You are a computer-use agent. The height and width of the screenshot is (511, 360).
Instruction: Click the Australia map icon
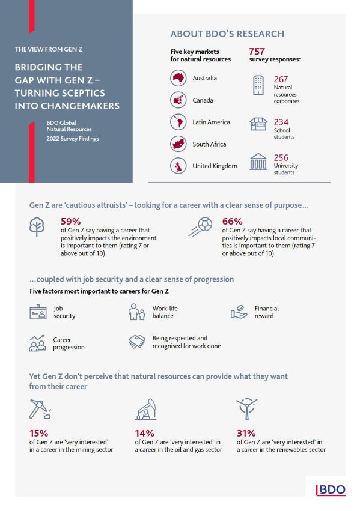[x=178, y=78]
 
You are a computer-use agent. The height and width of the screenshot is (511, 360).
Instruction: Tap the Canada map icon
[x=178, y=100]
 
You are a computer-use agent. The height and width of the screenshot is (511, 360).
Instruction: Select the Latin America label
[x=211, y=122]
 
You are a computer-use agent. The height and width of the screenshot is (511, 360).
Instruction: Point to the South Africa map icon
[x=178, y=144]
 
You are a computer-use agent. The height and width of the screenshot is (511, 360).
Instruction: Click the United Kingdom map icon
[x=178, y=166]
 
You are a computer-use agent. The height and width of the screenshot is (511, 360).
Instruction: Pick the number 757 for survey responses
[x=257, y=52]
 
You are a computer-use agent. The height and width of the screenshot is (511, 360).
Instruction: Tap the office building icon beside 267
[x=258, y=85]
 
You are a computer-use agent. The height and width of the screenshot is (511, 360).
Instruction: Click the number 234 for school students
[x=281, y=122]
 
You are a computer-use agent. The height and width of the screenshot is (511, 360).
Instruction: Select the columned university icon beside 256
[x=258, y=162]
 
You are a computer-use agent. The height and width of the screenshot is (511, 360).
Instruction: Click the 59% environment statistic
[x=70, y=222]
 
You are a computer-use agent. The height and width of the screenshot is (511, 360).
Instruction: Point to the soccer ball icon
[x=200, y=227]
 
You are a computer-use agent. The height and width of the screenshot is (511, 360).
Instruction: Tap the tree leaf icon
[x=37, y=226]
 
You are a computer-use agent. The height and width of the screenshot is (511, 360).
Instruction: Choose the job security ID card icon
[x=38, y=312]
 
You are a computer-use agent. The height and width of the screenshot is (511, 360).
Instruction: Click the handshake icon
[x=137, y=342]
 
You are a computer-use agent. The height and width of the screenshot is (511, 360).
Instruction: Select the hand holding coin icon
[x=239, y=312]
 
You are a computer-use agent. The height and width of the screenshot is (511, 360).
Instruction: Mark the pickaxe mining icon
[x=40, y=409]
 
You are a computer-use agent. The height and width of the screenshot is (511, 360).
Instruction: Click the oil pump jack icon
[x=146, y=409]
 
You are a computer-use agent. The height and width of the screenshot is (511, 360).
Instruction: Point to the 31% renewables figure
[x=246, y=433]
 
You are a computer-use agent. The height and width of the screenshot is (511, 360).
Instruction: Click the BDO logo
[x=331, y=490]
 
